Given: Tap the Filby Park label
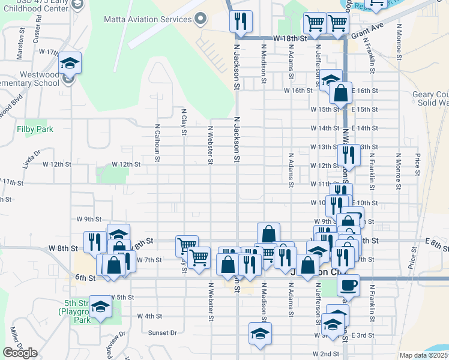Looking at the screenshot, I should click(x=35, y=129).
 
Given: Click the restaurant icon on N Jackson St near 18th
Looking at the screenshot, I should click(x=241, y=22).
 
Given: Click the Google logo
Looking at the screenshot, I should click(x=20, y=353).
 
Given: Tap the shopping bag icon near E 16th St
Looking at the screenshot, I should click(x=340, y=94).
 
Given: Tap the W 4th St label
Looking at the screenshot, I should click(x=149, y=316).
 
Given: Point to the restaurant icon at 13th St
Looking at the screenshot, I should click(x=349, y=155).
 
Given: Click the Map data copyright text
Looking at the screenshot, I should click(x=423, y=355).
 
